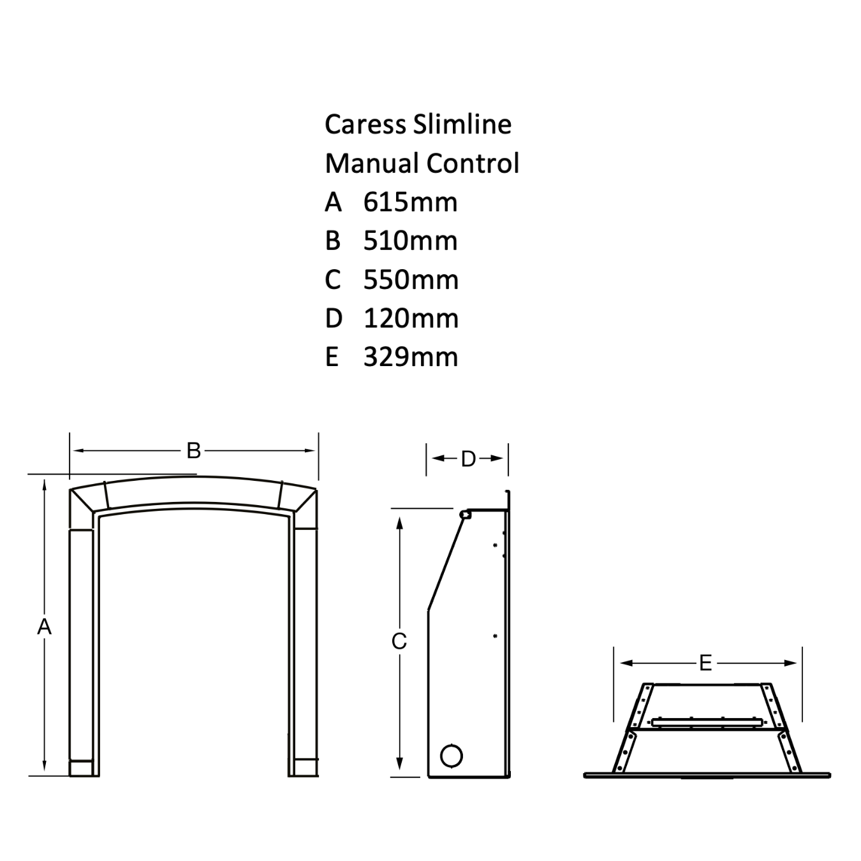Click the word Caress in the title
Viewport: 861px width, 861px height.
pos(365,124)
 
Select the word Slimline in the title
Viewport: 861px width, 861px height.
pos(462,124)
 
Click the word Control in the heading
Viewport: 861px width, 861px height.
pos(473,163)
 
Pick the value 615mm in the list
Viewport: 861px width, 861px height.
pos(410,202)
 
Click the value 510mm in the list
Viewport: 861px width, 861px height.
pos(410,241)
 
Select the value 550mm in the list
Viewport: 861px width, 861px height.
pos(411,280)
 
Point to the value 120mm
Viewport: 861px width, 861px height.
pos(411,319)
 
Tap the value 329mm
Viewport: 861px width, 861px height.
pos(411,357)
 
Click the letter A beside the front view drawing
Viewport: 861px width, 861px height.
pos(44,627)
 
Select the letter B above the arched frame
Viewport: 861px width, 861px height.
pos(193,451)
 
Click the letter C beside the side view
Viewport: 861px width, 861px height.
pos(399,642)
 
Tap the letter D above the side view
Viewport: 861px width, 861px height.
pos(468,459)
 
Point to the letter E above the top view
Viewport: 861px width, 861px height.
pos(705,663)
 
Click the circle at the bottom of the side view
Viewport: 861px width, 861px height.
pos(452,756)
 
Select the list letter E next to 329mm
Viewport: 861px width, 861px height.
pos(332,357)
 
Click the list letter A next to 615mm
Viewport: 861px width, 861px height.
pos(334,202)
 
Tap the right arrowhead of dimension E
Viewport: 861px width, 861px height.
pos(790,663)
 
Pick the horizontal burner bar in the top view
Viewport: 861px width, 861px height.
pos(707,723)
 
